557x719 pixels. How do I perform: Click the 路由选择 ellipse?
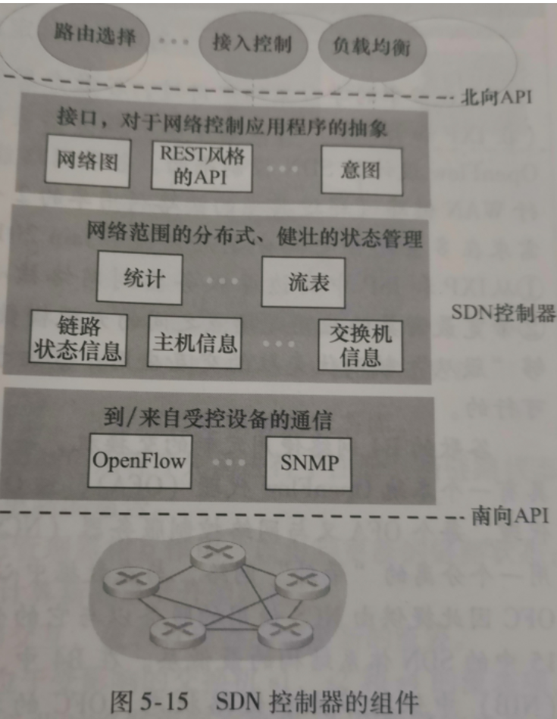95,36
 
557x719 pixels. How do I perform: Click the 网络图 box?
87,161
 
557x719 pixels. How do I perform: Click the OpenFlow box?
139,460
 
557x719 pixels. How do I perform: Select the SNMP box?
308,462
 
